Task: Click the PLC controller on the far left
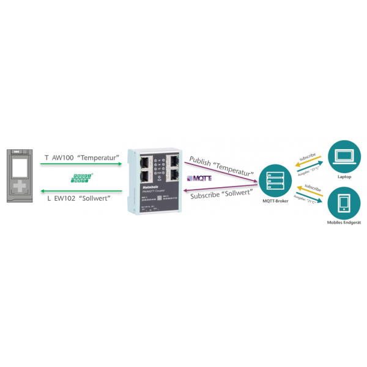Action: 20,174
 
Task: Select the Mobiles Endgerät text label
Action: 344,224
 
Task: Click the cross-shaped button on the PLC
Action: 20,187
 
